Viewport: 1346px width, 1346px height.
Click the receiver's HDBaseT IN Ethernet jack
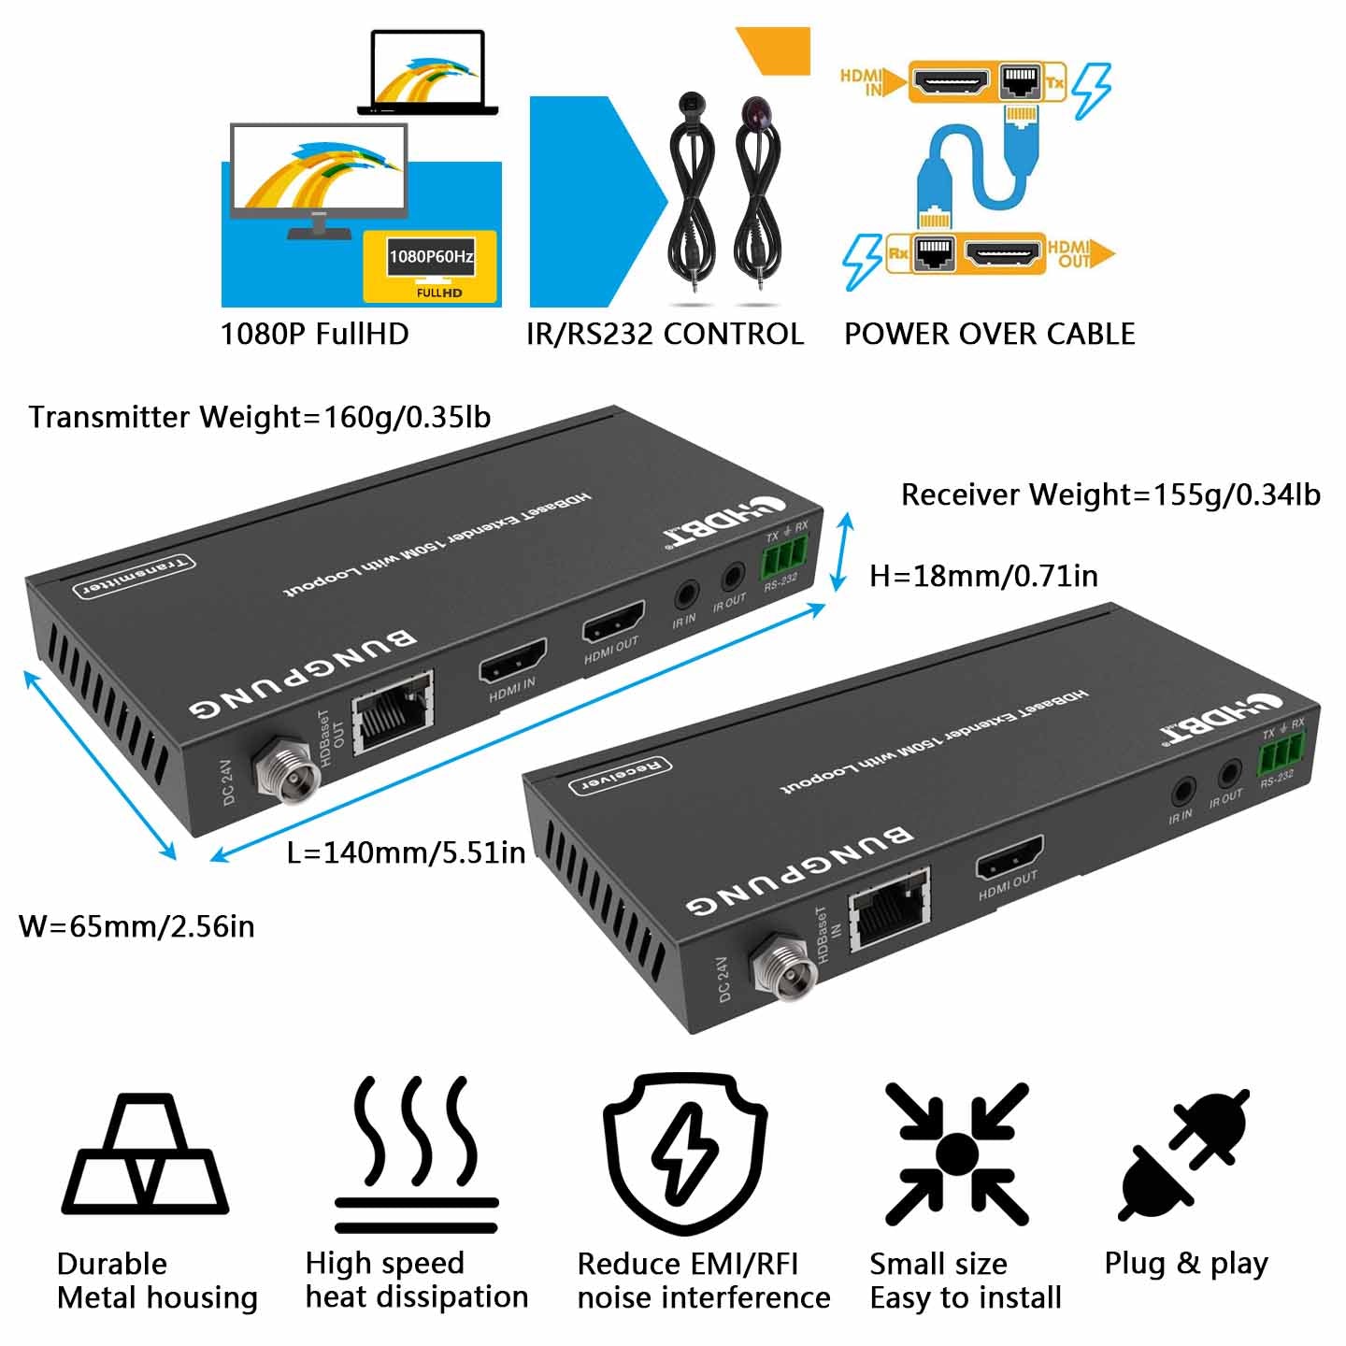click(x=889, y=909)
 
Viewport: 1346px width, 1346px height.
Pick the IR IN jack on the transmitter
click(x=686, y=595)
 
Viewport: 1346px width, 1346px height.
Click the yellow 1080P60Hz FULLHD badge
click(x=431, y=266)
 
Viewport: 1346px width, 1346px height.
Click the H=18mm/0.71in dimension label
click(x=983, y=576)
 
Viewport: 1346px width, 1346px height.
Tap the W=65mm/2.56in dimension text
click(x=136, y=926)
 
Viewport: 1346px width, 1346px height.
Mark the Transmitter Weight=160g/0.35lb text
click(x=260, y=417)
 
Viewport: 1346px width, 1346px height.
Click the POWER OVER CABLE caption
click(x=989, y=334)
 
